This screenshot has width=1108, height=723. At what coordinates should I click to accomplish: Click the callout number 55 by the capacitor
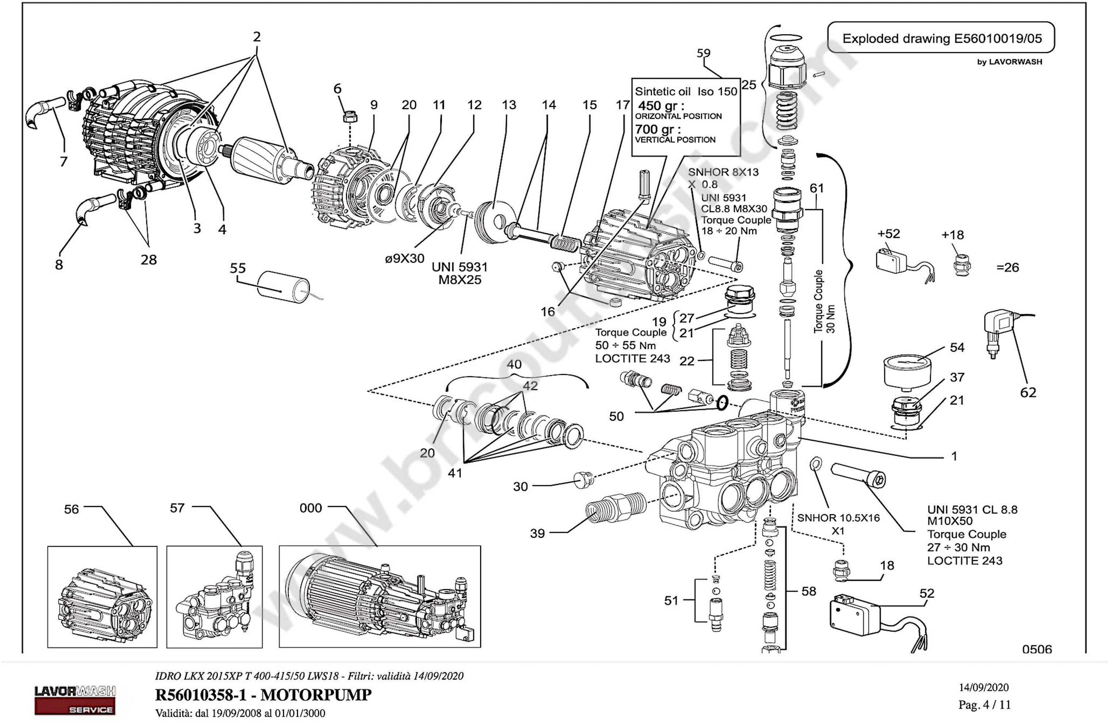[x=238, y=268]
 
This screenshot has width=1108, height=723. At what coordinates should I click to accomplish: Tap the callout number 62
[x=1028, y=392]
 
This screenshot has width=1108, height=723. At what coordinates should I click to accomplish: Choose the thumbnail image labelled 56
[x=102, y=597]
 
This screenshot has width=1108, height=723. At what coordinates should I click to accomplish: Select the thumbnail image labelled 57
[x=215, y=597]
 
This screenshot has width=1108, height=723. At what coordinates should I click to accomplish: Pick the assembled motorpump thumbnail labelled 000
[x=380, y=597]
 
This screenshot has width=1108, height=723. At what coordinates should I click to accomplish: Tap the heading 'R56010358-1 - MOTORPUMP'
[x=263, y=694]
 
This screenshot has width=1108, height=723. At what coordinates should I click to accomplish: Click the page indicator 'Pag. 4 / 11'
[x=984, y=705]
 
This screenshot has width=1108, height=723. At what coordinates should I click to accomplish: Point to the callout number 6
[x=338, y=89]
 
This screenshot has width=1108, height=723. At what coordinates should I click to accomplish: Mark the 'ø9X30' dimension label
[x=405, y=258]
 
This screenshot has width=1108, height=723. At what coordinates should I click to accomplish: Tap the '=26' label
[x=1008, y=267]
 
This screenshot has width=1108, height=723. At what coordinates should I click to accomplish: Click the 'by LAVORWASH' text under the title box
[x=1009, y=62]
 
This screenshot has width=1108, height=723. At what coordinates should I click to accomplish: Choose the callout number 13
[x=509, y=105]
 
